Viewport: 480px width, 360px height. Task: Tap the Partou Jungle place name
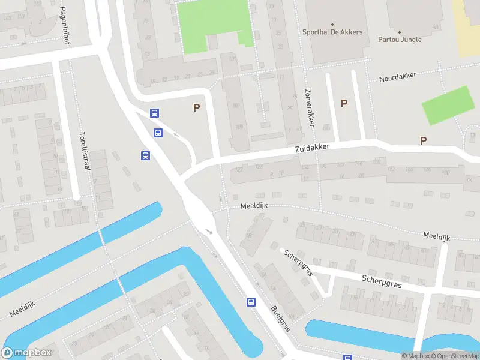(400, 40)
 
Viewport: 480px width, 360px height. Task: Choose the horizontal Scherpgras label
(382, 282)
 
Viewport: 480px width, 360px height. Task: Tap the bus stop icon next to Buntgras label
(251, 302)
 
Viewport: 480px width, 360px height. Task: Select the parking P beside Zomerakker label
(344, 103)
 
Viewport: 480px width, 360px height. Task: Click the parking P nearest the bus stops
(196, 108)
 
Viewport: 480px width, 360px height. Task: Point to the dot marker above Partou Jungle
(400, 32)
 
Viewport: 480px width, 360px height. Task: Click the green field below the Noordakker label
(448, 105)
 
